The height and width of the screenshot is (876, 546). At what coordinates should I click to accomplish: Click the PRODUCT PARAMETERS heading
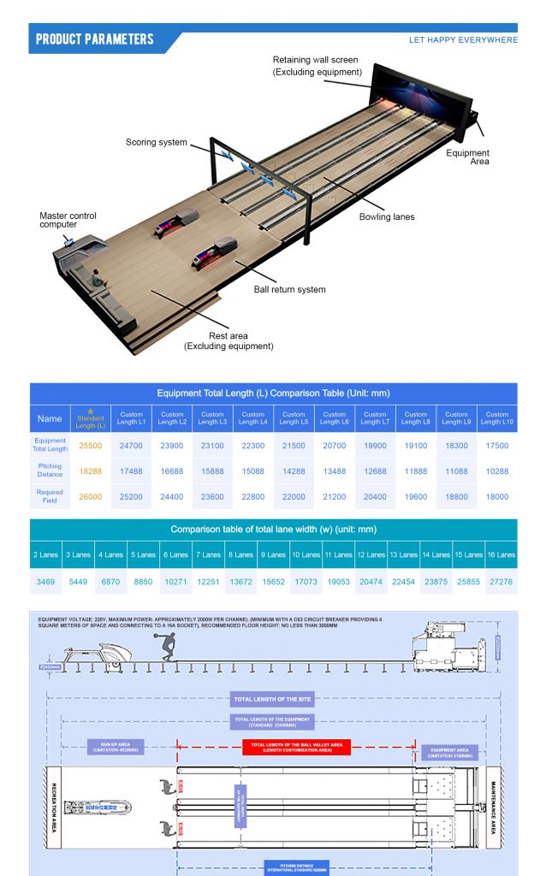pos(95,39)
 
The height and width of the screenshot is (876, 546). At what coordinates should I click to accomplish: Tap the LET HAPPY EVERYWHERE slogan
pos(463,40)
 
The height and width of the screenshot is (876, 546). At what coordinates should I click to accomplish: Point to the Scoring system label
pos(157,142)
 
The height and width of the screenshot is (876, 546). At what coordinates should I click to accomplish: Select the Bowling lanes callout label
pos(387,217)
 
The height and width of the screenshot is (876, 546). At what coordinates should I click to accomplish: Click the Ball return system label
pos(290,289)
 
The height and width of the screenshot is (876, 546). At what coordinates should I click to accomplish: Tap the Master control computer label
pos(68,220)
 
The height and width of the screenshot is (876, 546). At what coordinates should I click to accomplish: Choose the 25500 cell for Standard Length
pos(91,446)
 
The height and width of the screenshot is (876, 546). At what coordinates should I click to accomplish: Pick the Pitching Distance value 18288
pos(91,471)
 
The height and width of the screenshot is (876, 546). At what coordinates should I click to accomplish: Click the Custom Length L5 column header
pos(294,418)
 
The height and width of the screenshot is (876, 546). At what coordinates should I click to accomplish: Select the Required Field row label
pos(50,496)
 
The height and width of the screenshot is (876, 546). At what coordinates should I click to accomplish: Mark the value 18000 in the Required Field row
pos(497,496)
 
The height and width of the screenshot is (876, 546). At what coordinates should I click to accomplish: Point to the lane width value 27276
pos(500,581)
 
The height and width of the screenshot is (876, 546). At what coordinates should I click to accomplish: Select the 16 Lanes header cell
pos(501,555)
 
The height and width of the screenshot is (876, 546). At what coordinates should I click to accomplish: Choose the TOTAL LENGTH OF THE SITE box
pos(273,699)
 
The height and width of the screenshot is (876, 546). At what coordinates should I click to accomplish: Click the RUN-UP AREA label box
pos(115,747)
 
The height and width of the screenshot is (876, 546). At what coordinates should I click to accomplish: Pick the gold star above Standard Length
pos(91,411)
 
